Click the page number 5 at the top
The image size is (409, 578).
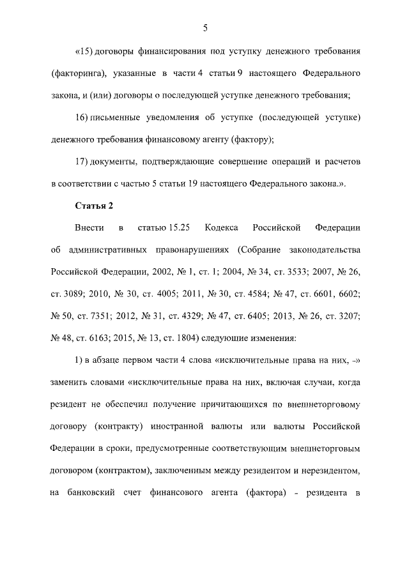205,27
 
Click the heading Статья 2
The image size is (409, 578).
94,205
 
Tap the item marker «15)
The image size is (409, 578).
85,50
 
